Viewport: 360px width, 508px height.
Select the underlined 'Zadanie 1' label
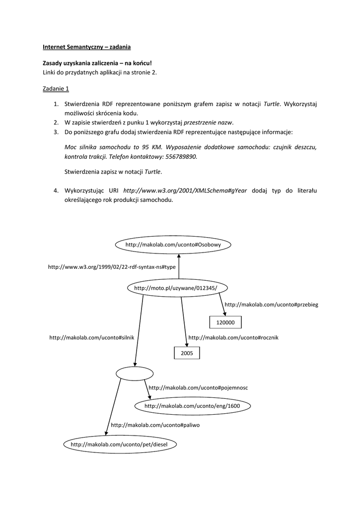click(56, 89)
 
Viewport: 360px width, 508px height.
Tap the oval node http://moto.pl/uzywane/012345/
click(175, 288)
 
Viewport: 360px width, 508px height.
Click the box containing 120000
click(225, 322)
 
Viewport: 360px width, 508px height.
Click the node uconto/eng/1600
click(192, 406)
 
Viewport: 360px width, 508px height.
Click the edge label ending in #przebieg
click(271, 305)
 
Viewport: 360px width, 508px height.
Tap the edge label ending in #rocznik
click(233, 337)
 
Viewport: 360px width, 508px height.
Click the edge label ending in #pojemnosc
click(198, 387)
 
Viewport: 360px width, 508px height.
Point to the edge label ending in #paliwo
click(155, 425)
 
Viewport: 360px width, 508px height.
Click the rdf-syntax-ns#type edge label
click(112, 266)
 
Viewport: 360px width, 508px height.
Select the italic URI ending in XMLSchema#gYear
click(185, 190)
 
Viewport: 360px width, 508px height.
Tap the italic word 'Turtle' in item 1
click(272, 104)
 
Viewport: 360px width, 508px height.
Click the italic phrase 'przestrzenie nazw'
click(209, 123)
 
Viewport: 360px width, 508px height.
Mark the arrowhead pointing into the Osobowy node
click(178, 254)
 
